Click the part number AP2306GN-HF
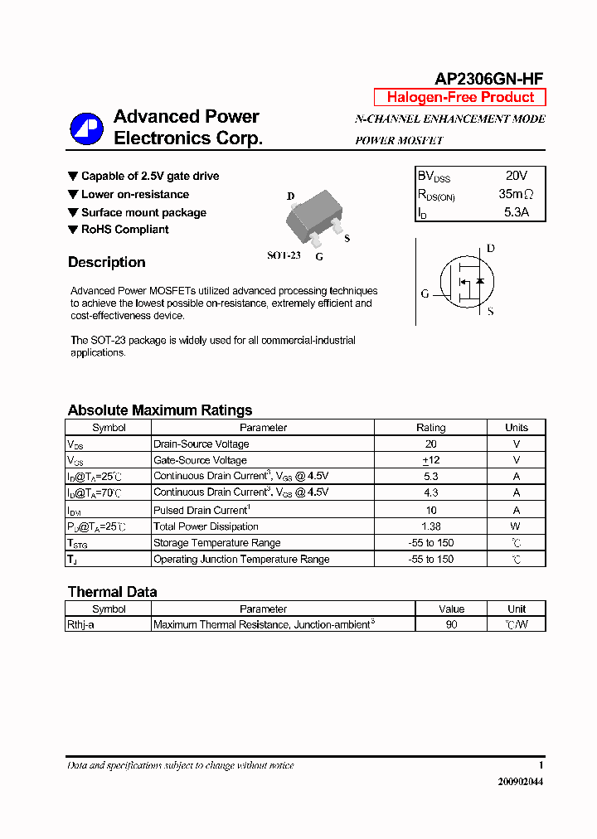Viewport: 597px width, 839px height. [x=489, y=79]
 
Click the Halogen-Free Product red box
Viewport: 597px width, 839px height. [x=460, y=97]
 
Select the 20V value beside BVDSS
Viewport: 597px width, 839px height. [x=516, y=177]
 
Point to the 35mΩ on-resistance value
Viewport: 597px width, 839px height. [x=516, y=195]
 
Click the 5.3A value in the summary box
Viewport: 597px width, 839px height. [x=516, y=212]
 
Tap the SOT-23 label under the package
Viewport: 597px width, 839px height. [x=283, y=256]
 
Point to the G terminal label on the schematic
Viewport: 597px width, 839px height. [x=425, y=293]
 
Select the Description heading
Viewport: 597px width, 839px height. [x=106, y=263]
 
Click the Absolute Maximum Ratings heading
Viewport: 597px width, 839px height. [x=159, y=410]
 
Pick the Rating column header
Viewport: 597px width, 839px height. [x=430, y=428]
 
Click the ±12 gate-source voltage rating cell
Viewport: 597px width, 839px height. [x=430, y=460]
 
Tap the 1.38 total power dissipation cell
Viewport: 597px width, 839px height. [x=430, y=526]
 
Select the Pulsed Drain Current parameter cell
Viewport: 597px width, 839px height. [x=201, y=510]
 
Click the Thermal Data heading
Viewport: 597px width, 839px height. [x=112, y=592]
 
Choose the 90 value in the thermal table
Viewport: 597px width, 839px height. [x=451, y=624]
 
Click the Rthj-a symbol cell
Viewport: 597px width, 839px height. [x=80, y=624]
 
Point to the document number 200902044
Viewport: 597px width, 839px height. [x=521, y=782]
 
